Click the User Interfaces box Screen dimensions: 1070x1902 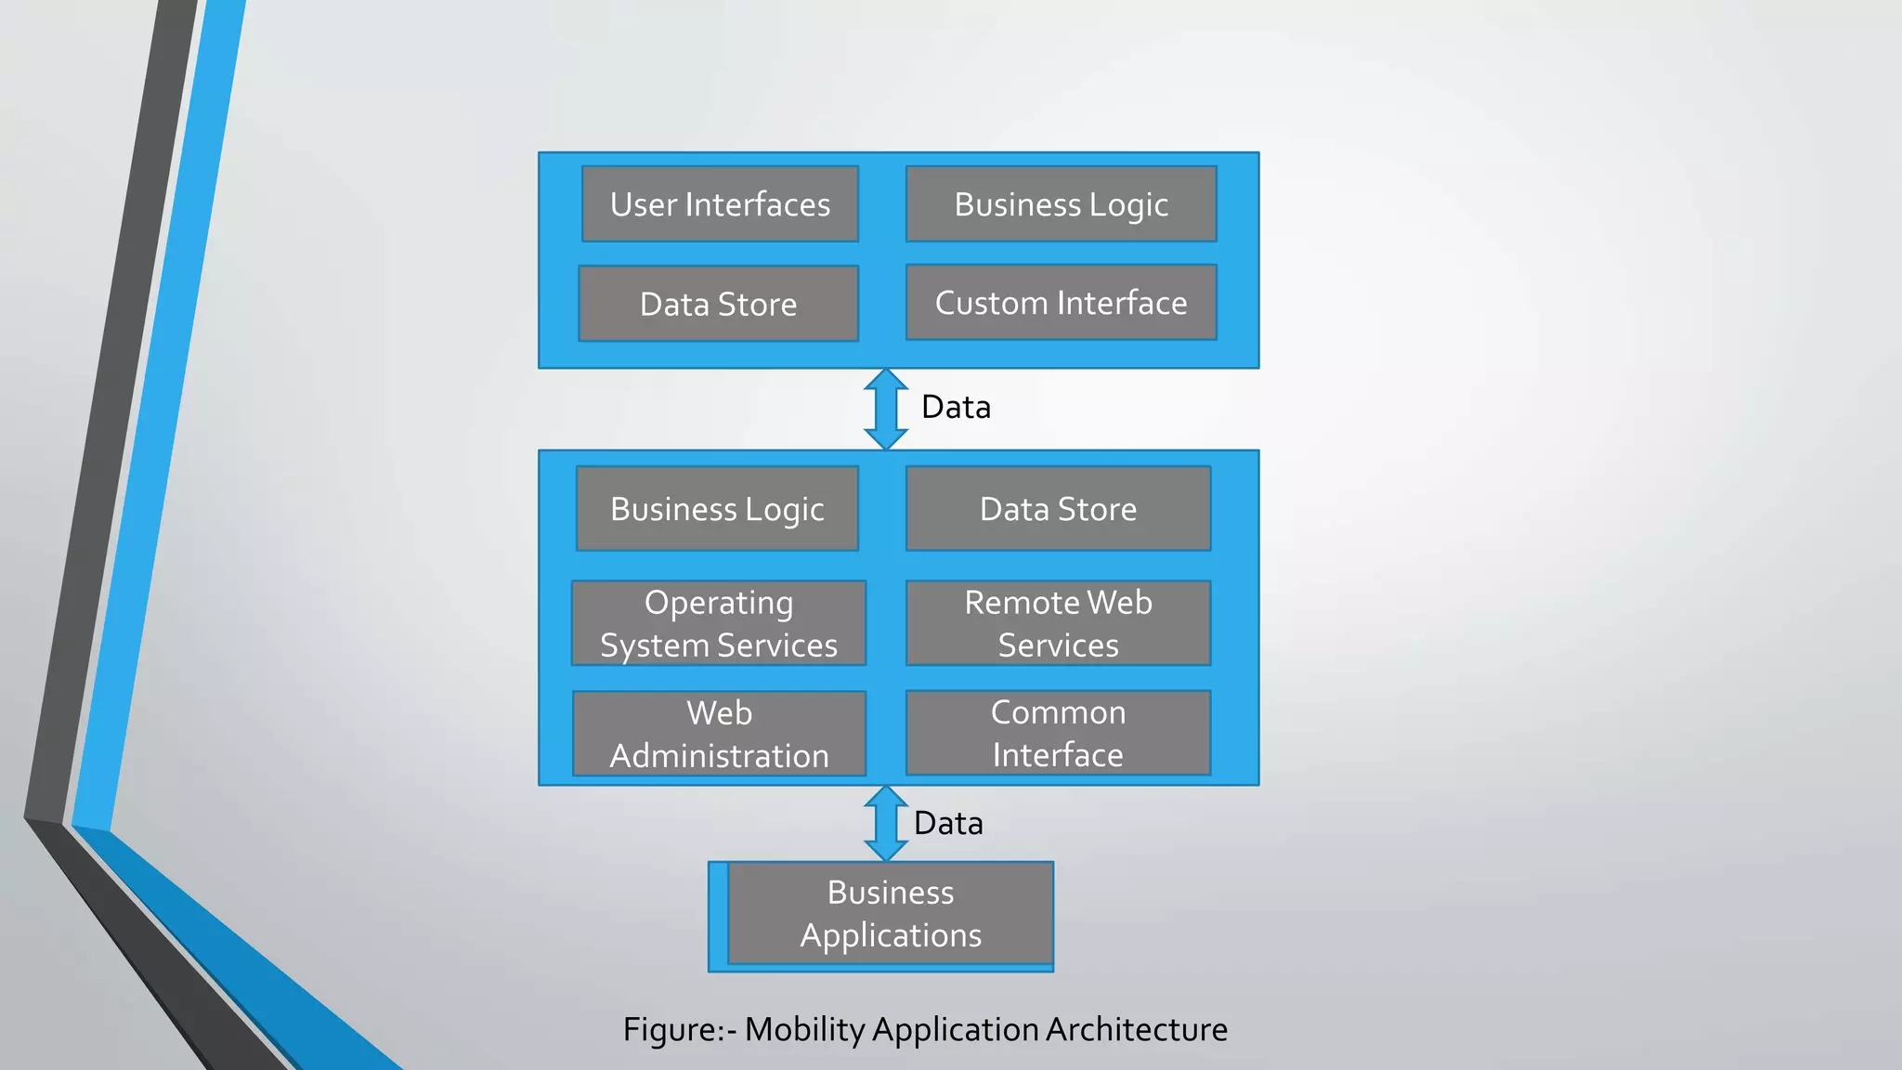pyautogui.click(x=720, y=204)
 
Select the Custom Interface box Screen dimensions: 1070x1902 pyautogui.click(x=1061, y=303)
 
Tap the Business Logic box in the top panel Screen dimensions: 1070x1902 pyautogui.click(x=1061, y=204)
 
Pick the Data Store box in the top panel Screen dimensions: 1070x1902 pyautogui.click(x=718, y=304)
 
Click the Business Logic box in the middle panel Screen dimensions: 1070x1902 pyautogui.click(x=717, y=509)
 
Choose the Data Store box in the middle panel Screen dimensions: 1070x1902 pyautogui.click(x=1058, y=509)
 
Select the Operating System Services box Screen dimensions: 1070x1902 pyautogui.click(x=719, y=623)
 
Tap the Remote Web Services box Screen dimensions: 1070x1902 pyautogui.click(x=1058, y=623)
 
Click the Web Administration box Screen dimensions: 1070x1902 pyautogui.click(x=719, y=734)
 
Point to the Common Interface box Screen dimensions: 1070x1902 pyautogui.click(x=1058, y=733)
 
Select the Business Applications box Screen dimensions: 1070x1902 pyautogui.click(x=890, y=913)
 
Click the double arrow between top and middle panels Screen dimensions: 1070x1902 pyautogui.click(x=885, y=409)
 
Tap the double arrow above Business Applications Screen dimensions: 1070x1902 pyautogui.click(x=885, y=823)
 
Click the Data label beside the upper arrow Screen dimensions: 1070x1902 pyautogui.click(x=956, y=407)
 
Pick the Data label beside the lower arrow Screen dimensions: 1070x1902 pyautogui.click(x=948, y=823)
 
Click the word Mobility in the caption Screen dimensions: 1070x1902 pyautogui.click(x=804, y=1029)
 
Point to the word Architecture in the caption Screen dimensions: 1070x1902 pyautogui.click(x=1136, y=1029)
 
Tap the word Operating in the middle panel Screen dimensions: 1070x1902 pyautogui.click(x=719, y=604)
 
